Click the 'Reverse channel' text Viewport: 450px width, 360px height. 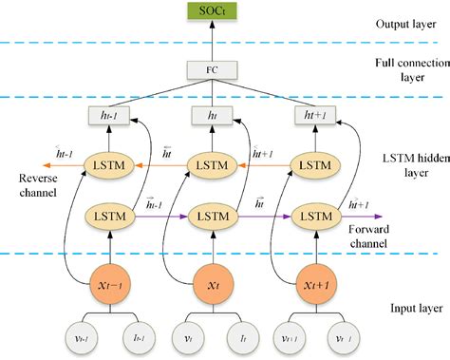click(28, 185)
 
